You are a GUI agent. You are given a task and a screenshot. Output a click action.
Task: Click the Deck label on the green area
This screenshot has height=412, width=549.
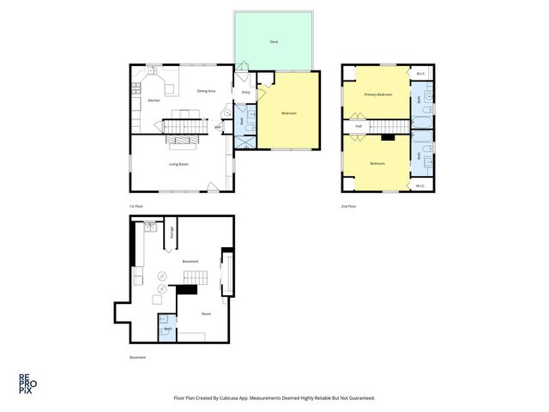(274, 41)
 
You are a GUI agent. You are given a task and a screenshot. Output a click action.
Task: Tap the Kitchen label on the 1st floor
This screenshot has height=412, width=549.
(154, 100)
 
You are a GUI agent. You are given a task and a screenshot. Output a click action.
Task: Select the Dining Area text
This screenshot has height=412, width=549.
(206, 91)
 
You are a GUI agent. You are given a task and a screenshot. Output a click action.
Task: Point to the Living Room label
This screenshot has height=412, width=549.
(178, 163)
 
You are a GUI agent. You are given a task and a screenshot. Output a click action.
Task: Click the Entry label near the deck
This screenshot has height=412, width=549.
(245, 92)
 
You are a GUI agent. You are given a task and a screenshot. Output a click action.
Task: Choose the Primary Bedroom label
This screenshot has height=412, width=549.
(378, 94)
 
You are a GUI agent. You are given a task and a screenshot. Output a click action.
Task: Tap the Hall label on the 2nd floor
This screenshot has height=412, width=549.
(359, 127)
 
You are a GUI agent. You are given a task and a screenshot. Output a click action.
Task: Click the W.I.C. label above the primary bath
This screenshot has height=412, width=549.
(420, 73)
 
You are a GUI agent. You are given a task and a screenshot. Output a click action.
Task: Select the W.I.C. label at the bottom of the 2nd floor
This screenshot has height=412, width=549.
(420, 185)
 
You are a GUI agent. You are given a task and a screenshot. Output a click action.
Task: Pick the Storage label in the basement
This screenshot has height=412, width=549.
(172, 232)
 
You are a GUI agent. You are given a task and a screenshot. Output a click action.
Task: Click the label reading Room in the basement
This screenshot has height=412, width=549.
(206, 313)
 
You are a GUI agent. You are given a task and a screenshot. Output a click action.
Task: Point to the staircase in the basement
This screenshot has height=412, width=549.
(195, 276)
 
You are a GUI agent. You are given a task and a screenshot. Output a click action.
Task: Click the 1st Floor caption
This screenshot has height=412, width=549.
(135, 206)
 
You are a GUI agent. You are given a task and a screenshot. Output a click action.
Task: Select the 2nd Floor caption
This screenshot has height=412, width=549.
(348, 206)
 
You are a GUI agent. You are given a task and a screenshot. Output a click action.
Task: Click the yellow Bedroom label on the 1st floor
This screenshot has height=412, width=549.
(288, 112)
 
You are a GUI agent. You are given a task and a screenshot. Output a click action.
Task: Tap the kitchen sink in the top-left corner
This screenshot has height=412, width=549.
(152, 70)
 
